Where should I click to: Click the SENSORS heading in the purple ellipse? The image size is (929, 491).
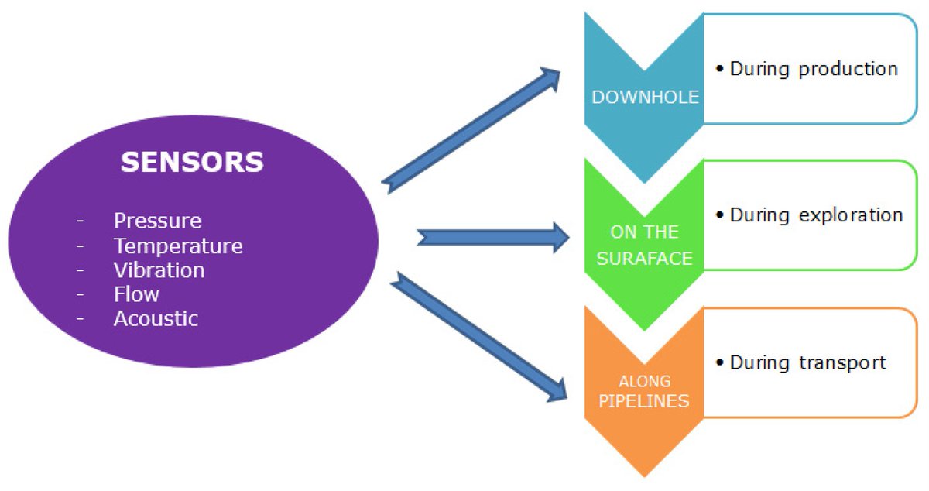pos(192,163)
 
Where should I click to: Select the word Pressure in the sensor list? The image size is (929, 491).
pos(157,221)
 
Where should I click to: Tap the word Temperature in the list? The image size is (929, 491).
pos(178,246)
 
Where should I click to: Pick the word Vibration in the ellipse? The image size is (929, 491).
pos(159,270)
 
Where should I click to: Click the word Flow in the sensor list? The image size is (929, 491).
pos(136,294)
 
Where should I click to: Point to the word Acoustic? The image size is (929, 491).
pos(156,318)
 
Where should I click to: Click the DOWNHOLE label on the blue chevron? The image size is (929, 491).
pos(645,98)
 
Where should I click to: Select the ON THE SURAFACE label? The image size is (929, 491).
pos(645,245)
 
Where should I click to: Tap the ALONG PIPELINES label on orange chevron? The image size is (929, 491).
pos(645,392)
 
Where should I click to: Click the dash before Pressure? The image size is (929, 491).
pos(81,221)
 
